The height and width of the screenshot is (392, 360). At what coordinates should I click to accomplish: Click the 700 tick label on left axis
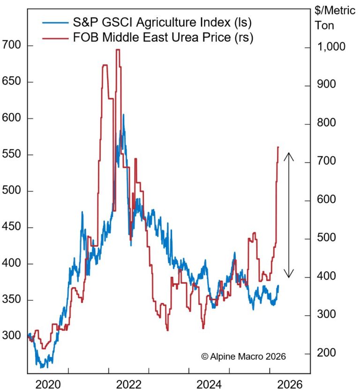pyautogui.click(x=11, y=46)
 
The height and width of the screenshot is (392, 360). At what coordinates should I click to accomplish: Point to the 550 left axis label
pyautogui.click(x=11, y=155)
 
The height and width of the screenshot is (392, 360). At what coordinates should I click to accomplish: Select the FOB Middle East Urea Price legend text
pyautogui.click(x=164, y=37)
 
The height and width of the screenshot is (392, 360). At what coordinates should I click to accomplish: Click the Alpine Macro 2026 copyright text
pyautogui.click(x=243, y=356)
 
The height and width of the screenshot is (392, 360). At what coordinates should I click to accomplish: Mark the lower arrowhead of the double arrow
pyautogui.click(x=290, y=275)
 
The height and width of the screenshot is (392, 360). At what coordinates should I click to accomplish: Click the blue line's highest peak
pyautogui.click(x=123, y=114)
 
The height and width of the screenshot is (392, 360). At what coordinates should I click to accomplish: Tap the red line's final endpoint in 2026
pyautogui.click(x=278, y=147)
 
